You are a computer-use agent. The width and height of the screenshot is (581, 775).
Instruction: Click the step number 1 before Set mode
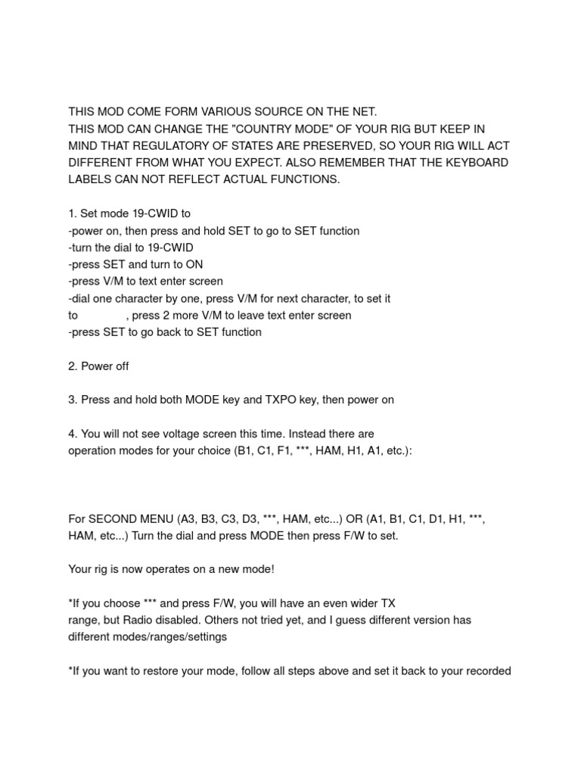click(72, 213)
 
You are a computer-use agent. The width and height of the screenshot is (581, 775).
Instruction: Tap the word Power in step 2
click(95, 366)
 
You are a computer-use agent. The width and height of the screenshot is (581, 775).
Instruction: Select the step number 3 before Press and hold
click(72, 400)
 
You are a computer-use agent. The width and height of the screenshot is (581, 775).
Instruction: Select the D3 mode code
click(256, 518)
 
